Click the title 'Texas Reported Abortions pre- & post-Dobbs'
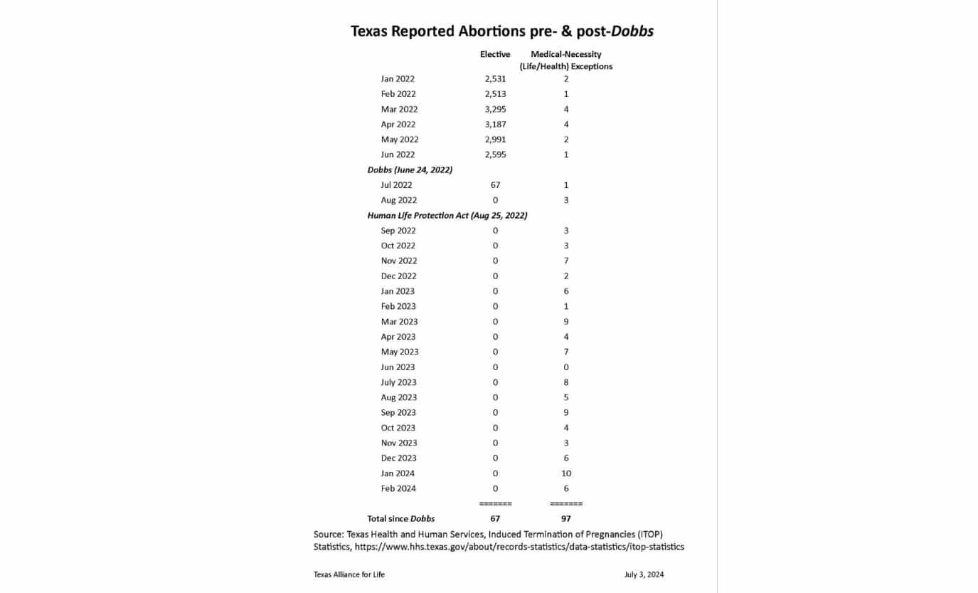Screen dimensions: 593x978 click(x=501, y=31)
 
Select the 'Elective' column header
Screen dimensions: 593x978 click(x=495, y=54)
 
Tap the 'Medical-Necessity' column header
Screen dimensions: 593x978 click(x=565, y=54)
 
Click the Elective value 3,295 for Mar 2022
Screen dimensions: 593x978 click(x=495, y=109)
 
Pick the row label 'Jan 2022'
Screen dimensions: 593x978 click(x=398, y=79)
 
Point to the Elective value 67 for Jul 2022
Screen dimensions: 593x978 click(x=495, y=185)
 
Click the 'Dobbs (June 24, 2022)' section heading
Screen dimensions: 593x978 click(x=410, y=169)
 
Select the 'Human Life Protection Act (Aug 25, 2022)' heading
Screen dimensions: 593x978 click(x=447, y=215)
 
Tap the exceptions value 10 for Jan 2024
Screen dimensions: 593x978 click(x=566, y=473)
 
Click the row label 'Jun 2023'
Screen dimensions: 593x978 click(x=398, y=367)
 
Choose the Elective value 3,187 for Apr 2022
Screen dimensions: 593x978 click(x=495, y=125)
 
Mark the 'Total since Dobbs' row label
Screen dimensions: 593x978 click(x=400, y=519)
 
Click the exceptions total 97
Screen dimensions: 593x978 click(x=566, y=519)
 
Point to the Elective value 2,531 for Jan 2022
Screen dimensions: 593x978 click(x=495, y=79)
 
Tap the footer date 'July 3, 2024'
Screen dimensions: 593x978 click(x=644, y=574)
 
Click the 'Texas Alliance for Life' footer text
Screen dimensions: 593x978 click(x=349, y=574)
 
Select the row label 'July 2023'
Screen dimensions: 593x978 click(x=398, y=382)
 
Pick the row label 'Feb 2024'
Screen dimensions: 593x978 click(x=398, y=488)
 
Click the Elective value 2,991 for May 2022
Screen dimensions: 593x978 click(x=495, y=140)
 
